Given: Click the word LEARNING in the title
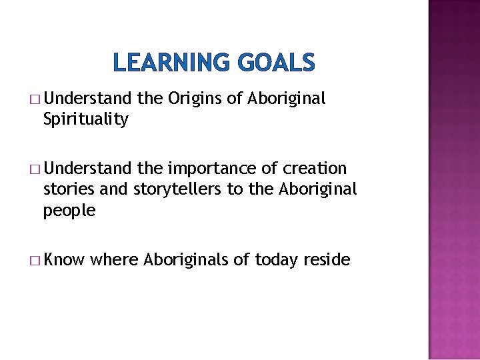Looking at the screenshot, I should pyautogui.click(x=171, y=63).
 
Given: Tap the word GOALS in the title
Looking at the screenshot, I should pyautogui.click(x=273, y=63).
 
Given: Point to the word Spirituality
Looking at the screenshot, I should pyautogui.click(x=85, y=120).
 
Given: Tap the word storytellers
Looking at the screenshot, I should pyautogui.click(x=178, y=189).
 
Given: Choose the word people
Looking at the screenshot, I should pyautogui.click(x=69, y=211).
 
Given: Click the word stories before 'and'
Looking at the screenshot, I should pyautogui.click(x=69, y=189).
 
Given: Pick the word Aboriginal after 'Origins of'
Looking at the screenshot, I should pyautogui.click(x=287, y=99).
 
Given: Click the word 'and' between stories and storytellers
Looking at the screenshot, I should pyautogui.click(x=114, y=189).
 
